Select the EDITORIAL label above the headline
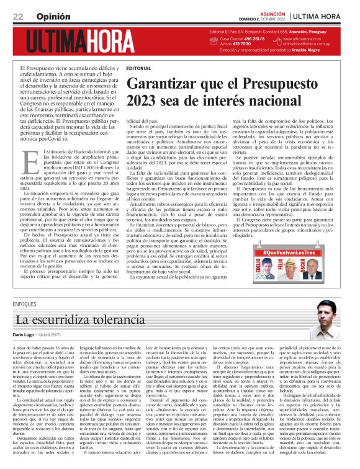click(x=138, y=67)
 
